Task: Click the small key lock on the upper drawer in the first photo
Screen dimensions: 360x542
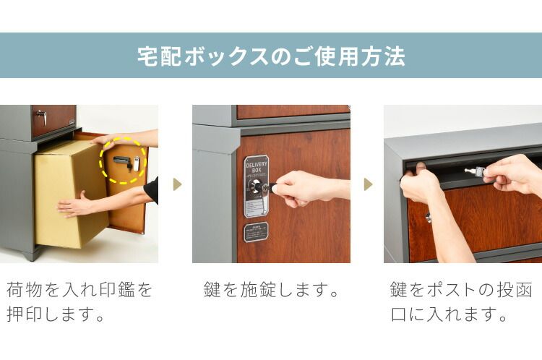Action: pos(41,116)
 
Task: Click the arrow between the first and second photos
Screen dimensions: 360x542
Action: pos(176,184)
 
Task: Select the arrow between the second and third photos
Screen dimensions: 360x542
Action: pos(368,184)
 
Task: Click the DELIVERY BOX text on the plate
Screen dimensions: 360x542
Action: pos(257,167)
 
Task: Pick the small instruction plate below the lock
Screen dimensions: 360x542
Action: pos(256,231)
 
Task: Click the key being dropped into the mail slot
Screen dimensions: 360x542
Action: pos(473,171)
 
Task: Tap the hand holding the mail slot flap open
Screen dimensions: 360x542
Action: pos(419,187)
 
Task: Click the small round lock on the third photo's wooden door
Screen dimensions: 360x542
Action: pos(428,217)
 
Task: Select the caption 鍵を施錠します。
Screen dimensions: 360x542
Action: pos(272,291)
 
